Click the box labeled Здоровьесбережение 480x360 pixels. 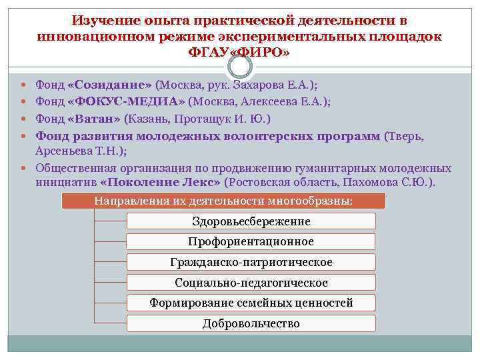click(251, 221)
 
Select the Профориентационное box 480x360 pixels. click(251, 242)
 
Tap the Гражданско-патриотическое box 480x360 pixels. click(251, 263)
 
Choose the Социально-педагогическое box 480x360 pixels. click(251, 283)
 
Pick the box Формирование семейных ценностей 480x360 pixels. click(251, 303)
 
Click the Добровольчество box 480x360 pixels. click(251, 324)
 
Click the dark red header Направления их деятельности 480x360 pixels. click(223, 201)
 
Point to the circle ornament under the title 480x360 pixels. click(240, 66)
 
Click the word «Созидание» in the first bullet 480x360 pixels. click(110, 85)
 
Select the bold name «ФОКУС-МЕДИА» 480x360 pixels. click(126, 102)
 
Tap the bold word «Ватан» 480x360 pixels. click(94, 119)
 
